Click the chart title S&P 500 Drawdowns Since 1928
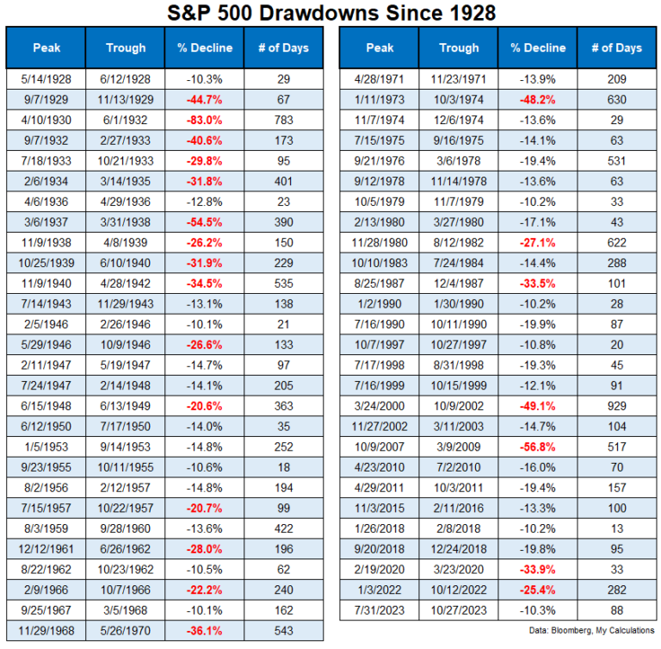[330, 13]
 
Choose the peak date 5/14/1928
[47, 78]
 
